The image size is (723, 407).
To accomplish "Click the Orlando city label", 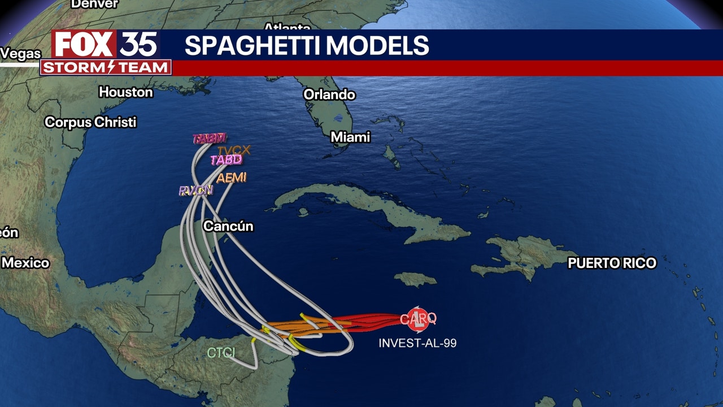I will pos(329,94).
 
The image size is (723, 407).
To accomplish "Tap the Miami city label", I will pos(350,137).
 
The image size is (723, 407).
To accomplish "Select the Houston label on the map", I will pos(126,92).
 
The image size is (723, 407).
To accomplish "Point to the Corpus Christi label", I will pos(90,122).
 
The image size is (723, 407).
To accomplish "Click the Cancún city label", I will pos(228,226).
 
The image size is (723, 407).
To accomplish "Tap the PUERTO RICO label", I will pos(612,263).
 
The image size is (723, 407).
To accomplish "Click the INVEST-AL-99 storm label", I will pos(417,343).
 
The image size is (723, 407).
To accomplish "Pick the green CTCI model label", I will pos(221,353).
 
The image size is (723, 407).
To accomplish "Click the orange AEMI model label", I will pos(232,177).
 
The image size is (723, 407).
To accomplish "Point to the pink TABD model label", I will pos(227,160).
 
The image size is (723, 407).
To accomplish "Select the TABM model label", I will pos(210,138).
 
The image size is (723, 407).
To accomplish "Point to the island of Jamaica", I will pos(415,279).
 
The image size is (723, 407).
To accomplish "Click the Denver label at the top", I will pos(94,4).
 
